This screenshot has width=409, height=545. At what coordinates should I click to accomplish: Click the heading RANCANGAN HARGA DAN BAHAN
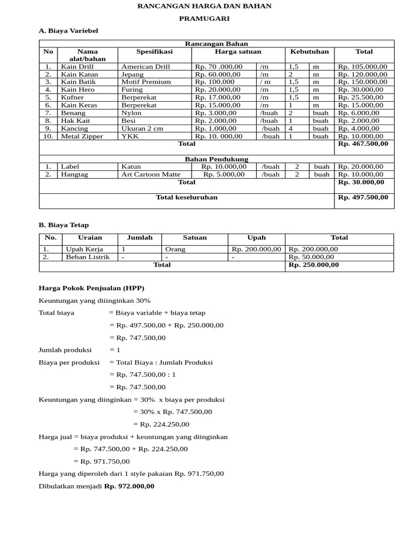204,6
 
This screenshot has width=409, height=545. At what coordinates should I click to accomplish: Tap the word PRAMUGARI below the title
204,19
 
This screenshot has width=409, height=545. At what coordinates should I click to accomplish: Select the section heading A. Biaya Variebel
69,31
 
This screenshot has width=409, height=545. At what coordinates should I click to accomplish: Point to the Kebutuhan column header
309,52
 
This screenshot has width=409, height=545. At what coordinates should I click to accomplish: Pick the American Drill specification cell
145,67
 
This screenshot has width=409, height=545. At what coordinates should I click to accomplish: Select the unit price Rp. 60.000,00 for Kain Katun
218,75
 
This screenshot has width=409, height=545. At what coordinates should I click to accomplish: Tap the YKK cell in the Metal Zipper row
129,136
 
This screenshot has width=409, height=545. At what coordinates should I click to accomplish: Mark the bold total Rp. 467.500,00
363,144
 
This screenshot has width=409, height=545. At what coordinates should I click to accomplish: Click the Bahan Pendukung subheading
216,159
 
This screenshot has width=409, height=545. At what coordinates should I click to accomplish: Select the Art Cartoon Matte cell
151,174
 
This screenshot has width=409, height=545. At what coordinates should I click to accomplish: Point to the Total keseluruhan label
186,197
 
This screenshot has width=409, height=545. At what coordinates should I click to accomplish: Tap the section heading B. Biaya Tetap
63,225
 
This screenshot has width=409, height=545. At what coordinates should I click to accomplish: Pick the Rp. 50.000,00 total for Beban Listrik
311,257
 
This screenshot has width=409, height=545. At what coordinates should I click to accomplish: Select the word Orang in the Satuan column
175,249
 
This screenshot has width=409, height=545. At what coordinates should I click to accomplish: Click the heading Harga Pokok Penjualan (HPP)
92,288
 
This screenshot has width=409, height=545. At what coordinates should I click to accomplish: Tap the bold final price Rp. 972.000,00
129,486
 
